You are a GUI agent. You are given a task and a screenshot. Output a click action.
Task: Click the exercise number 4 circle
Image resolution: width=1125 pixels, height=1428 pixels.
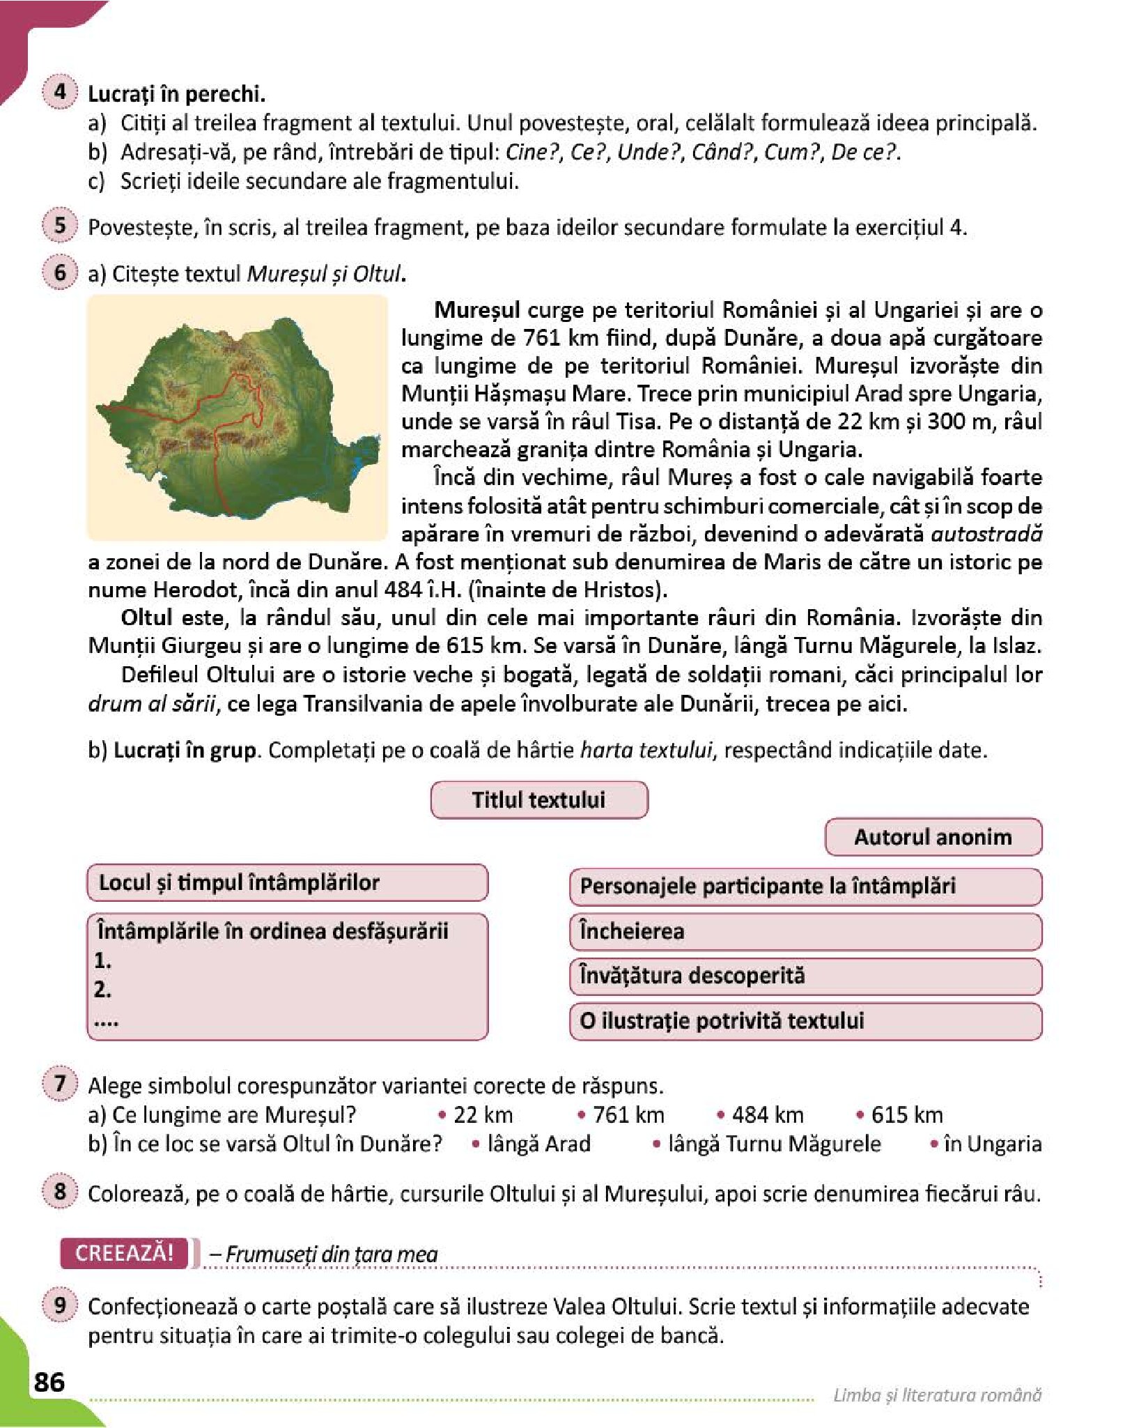[x=59, y=92]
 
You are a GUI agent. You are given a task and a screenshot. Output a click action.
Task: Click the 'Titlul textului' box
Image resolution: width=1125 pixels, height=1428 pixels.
[x=539, y=799]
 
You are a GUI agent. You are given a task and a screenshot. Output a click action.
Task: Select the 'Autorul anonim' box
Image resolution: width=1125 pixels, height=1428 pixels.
[x=933, y=836]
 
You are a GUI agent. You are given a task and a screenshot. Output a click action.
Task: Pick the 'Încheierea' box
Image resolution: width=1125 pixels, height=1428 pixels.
[x=805, y=932]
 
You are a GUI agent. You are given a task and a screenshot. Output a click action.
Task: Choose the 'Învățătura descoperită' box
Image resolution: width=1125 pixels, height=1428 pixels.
[x=805, y=976]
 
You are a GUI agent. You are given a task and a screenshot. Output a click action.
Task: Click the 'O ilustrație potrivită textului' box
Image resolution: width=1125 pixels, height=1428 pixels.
[x=805, y=1021]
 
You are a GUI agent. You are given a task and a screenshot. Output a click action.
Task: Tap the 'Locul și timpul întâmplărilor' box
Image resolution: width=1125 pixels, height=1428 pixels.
[x=287, y=883]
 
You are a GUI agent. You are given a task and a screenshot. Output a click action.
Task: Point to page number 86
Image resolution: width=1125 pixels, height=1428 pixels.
[x=49, y=1381]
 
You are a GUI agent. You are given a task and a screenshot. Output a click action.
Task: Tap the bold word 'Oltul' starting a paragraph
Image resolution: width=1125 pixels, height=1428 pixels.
[x=146, y=617]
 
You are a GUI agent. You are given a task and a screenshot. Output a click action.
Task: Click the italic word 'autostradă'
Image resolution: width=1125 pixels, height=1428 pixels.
[x=986, y=534]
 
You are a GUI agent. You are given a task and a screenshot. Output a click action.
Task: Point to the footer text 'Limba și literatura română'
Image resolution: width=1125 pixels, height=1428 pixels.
[x=937, y=1395]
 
